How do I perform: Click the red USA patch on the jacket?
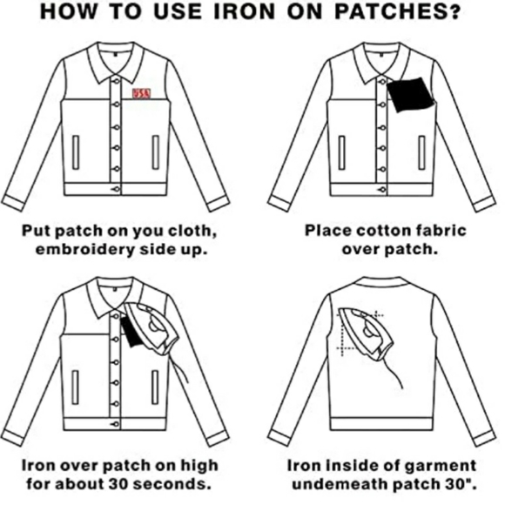tap(141, 93)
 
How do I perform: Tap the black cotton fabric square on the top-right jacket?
tap(411, 95)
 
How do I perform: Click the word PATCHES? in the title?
tap(397, 12)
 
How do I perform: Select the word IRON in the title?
tap(245, 12)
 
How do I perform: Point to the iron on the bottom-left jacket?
tap(151, 328)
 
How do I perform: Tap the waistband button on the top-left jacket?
tap(116, 190)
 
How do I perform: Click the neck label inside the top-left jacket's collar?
tap(115, 54)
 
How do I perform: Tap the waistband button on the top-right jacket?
tap(382, 190)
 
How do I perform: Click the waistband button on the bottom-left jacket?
tap(115, 424)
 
